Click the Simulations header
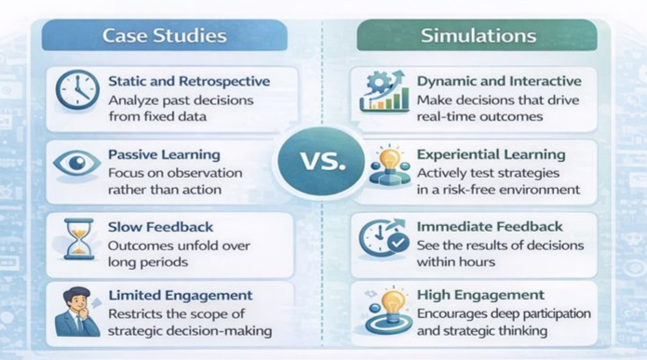click(x=478, y=36)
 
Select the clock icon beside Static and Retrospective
click(x=76, y=91)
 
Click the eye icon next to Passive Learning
click(x=76, y=165)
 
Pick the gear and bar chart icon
click(x=384, y=91)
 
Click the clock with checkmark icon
click(x=384, y=239)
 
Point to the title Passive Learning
click(x=164, y=155)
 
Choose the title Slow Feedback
click(x=160, y=228)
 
